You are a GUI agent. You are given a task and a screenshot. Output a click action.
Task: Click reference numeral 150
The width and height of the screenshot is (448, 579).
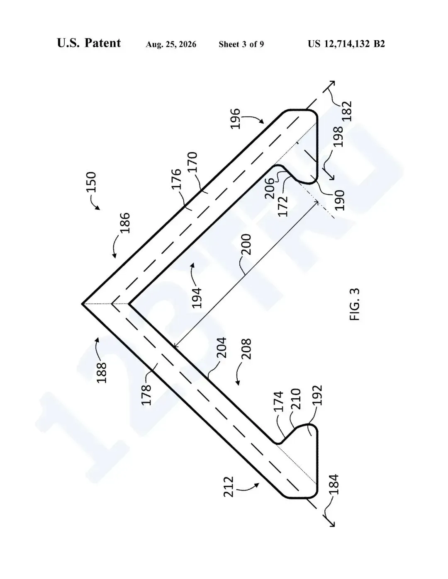91,182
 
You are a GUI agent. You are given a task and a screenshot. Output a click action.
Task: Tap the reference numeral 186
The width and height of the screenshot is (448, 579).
124,223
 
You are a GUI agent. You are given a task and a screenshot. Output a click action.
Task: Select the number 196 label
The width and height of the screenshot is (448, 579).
236,119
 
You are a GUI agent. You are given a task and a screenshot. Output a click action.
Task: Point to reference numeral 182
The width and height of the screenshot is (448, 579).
347,111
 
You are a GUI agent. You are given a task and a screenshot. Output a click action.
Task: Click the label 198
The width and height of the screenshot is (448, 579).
338,137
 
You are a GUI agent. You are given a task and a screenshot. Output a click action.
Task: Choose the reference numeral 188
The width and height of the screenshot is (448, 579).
102,373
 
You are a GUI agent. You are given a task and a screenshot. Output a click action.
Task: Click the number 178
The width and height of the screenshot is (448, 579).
146,395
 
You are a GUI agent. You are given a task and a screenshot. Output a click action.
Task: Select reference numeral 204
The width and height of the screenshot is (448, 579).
222,348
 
